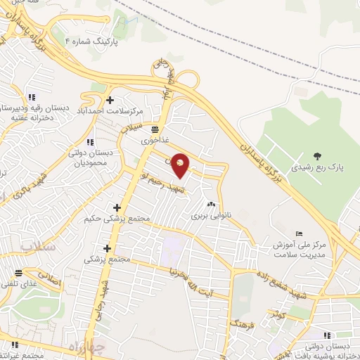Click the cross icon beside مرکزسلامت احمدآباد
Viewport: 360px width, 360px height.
click(x=110, y=101)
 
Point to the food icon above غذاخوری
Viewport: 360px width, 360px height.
click(x=154, y=129)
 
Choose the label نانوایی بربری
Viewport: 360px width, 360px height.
click(x=209, y=216)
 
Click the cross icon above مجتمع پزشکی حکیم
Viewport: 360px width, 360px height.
click(x=117, y=208)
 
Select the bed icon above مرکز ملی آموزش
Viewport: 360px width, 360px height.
click(x=300, y=233)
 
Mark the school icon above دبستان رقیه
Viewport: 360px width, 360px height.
click(x=30, y=97)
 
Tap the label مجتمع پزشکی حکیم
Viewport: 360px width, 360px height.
click(x=126, y=219)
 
